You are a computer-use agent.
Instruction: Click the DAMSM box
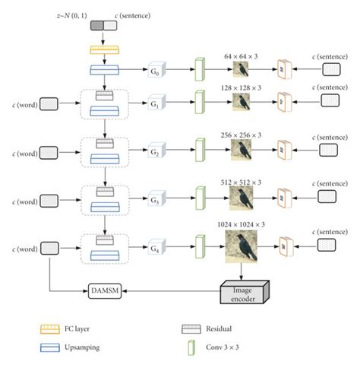(x=106, y=291)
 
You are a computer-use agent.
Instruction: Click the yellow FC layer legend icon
(x=51, y=329)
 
